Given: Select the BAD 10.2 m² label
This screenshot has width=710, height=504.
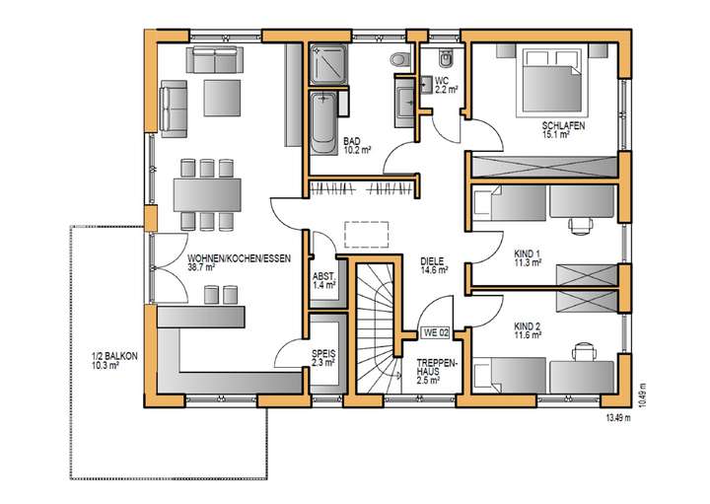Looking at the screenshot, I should pos(356,146).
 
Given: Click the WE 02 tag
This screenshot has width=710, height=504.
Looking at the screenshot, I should pos(435,332).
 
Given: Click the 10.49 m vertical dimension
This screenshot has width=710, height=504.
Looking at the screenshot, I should pos(642,394).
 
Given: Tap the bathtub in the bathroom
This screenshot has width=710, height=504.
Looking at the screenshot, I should pos(323,123).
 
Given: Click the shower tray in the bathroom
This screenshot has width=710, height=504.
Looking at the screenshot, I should pos(325,64).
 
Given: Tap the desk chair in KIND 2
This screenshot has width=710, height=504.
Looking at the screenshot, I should pos(584,350).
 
